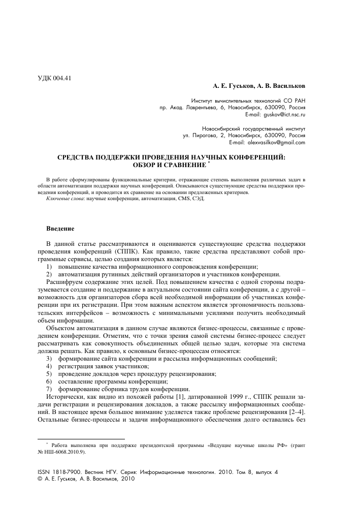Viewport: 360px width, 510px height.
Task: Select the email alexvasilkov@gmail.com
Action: [276, 143]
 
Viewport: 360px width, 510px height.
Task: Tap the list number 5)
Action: [49, 373]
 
